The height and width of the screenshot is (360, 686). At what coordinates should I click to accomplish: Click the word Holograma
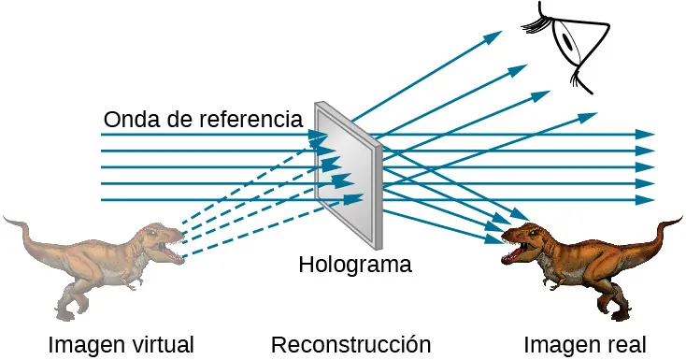tap(354, 265)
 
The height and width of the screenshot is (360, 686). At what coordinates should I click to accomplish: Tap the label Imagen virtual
tap(121, 344)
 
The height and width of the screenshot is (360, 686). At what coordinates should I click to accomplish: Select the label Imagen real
tap(584, 344)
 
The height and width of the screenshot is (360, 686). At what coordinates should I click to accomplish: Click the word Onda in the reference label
tap(127, 120)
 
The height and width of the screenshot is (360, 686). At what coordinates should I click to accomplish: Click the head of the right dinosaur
tap(523, 241)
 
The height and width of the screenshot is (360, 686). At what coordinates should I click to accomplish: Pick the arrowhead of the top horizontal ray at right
tap(646, 135)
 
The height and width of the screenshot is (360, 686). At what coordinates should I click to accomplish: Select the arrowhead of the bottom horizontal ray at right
tap(646, 200)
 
